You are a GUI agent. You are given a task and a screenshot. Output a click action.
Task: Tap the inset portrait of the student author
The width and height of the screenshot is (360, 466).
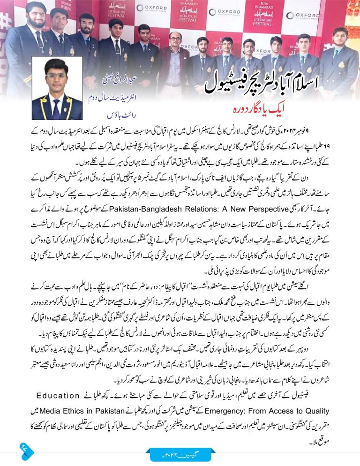click(x=57, y=90)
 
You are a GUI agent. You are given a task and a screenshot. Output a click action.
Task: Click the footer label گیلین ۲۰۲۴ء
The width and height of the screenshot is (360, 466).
click(x=180, y=454)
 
